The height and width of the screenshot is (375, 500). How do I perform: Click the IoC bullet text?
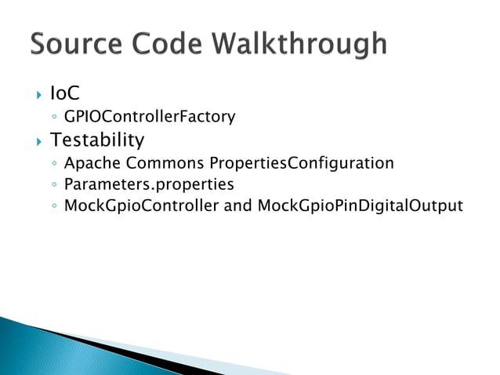(x=65, y=94)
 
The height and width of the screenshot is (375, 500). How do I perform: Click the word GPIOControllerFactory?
(x=150, y=118)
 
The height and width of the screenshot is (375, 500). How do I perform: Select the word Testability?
(x=97, y=140)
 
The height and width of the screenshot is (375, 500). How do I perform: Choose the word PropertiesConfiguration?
(x=302, y=163)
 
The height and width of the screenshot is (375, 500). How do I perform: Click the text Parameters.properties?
(x=149, y=184)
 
